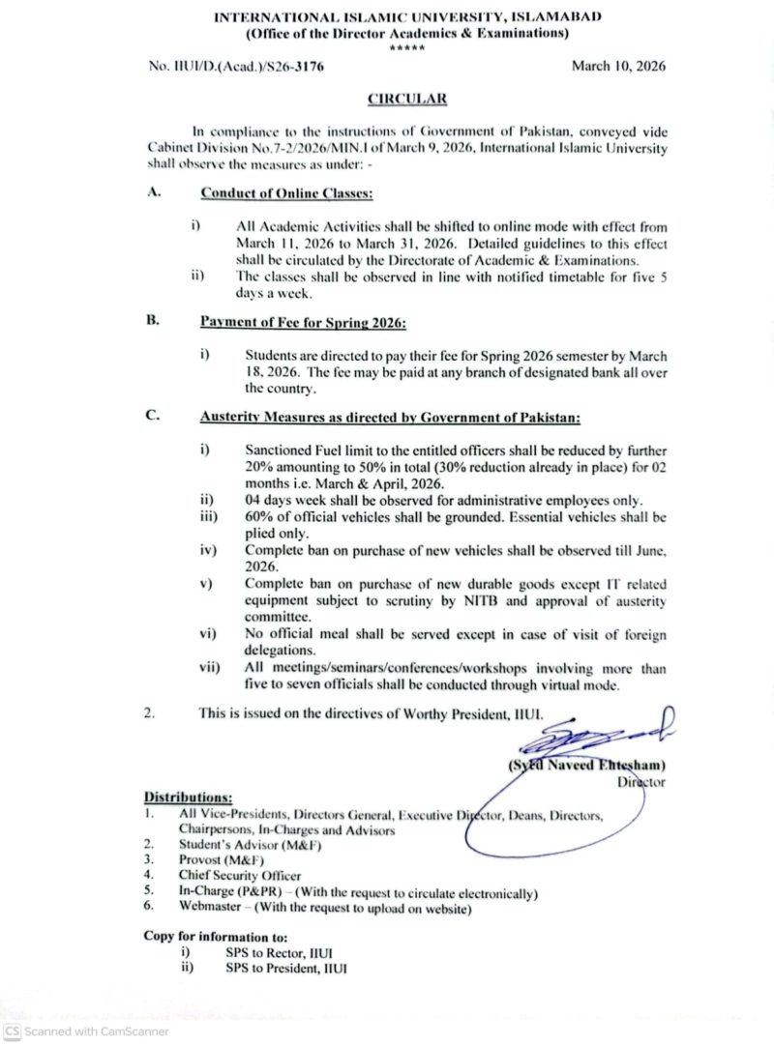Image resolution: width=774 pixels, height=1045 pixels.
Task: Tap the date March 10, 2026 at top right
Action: coord(618,66)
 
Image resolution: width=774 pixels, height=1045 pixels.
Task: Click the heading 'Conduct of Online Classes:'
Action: coord(286,193)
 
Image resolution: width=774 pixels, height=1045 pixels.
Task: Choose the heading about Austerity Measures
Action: coord(390,418)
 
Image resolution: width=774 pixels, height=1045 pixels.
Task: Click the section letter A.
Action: coord(152,192)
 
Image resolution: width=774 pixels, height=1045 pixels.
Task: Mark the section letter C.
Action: coord(152,417)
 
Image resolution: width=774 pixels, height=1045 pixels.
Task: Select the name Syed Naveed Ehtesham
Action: coord(588,767)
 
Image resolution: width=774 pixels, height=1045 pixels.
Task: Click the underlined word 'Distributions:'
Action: coord(188,798)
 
